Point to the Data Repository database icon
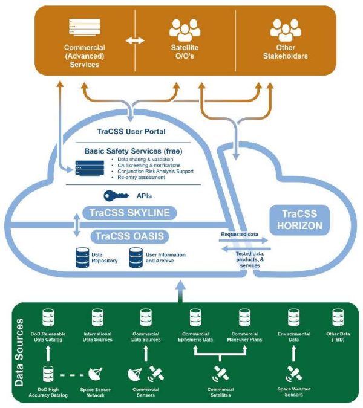tap(82, 257)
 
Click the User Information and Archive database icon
tap(136, 257)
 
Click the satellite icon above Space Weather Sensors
tap(295, 373)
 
